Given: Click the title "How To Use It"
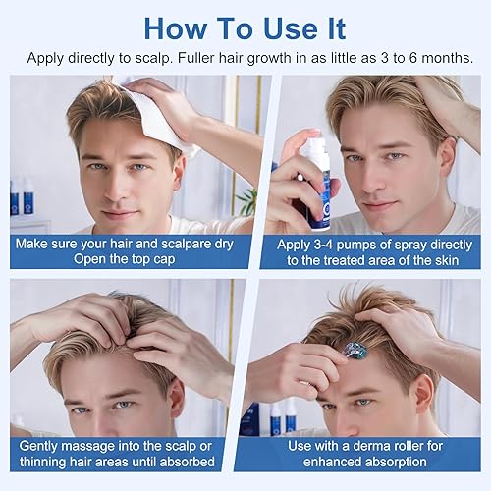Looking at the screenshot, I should pos(245,26).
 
